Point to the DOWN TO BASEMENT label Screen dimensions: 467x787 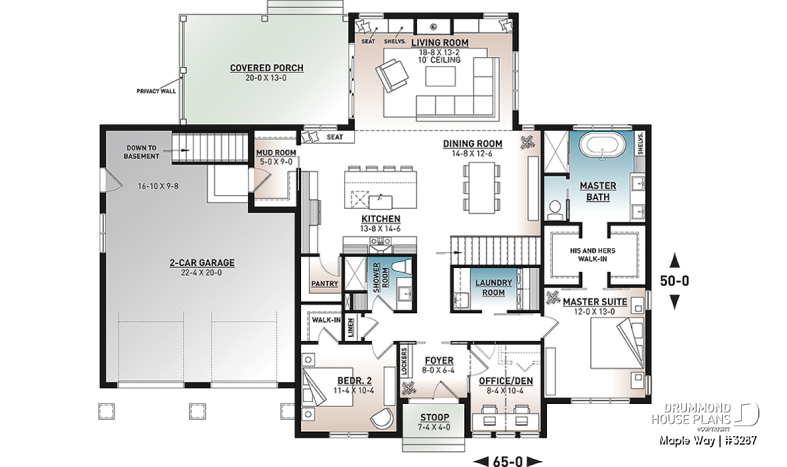pos(141,152)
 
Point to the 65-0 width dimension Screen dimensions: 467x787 pos(507,460)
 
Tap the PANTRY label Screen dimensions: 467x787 pos(325,284)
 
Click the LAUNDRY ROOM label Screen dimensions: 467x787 pos(494,288)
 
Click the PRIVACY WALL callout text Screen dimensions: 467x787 pos(155,91)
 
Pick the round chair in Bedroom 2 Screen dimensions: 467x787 pos(381,419)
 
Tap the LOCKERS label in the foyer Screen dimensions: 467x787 pos(403,361)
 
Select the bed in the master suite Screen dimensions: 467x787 pos(614,347)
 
